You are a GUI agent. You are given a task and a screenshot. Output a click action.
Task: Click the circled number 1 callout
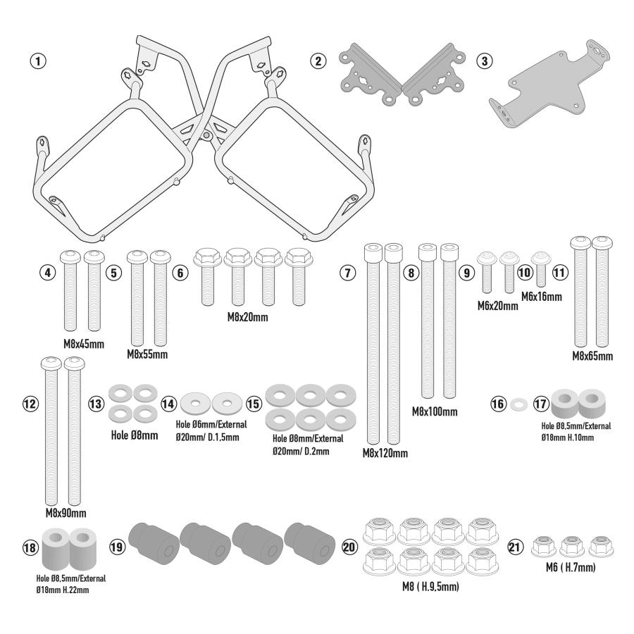tap(39, 61)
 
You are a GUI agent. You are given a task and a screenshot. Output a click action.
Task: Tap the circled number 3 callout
tap(485, 61)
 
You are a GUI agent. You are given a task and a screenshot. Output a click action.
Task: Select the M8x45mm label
tap(84, 344)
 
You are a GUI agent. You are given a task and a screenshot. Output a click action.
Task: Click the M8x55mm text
tap(147, 354)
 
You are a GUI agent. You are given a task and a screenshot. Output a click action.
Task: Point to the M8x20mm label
tap(247, 317)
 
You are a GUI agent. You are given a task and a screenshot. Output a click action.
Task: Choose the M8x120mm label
tap(385, 453)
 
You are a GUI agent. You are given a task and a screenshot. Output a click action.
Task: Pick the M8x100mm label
tap(435, 411)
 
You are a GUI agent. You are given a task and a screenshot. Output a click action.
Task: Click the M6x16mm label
tap(542, 297)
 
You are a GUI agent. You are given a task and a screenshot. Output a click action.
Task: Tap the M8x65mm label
tap(592, 356)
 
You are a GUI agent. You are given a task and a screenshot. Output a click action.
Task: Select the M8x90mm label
tap(66, 513)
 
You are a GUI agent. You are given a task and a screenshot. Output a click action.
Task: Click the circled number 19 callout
tap(117, 547)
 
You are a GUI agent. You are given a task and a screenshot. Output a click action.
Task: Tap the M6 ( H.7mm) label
tap(571, 567)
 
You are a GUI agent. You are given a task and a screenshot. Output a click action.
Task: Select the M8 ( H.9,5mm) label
tap(430, 586)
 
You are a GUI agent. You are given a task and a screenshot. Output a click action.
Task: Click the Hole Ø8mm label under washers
tap(135, 435)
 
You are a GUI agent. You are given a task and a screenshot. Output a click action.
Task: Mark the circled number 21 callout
tap(515, 547)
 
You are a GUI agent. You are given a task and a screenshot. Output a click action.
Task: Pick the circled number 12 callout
tap(30, 404)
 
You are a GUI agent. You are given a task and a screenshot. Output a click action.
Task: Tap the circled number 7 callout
tap(348, 273)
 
